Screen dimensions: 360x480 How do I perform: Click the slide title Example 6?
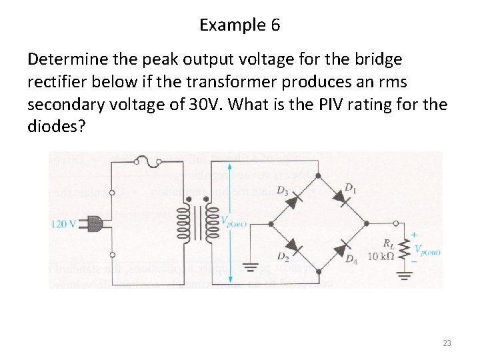[240, 26]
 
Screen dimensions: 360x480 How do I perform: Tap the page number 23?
[447, 343]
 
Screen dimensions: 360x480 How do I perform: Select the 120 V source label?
[63, 224]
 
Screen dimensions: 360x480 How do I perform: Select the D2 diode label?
[283, 257]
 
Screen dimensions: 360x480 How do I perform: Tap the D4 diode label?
[351, 259]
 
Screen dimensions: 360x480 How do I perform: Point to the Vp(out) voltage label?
[427, 251]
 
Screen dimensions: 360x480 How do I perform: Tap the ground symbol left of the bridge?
[250, 268]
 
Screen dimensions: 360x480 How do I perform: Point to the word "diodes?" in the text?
[57, 127]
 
